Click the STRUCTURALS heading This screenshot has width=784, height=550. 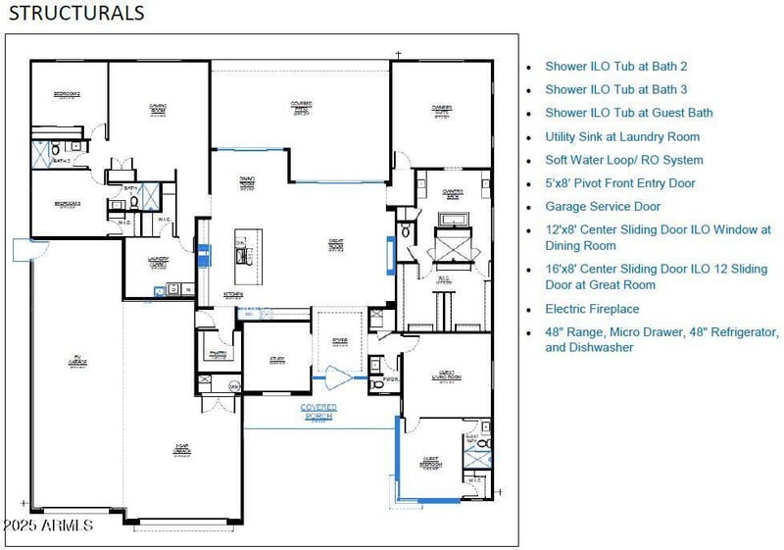(76, 13)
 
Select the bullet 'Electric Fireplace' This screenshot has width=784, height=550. (592, 309)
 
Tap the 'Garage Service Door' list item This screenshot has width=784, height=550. (603, 207)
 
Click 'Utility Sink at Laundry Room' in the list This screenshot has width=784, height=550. (622, 136)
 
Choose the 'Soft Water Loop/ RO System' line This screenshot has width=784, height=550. (623, 160)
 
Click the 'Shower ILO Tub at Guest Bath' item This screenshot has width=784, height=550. (628, 113)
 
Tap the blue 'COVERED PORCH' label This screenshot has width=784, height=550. (318, 411)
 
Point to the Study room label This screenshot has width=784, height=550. (277, 360)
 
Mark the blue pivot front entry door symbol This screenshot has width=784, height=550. (339, 375)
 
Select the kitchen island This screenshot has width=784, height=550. (241, 249)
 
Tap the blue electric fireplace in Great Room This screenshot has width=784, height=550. (390, 253)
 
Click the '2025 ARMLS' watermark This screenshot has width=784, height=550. (48, 525)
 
